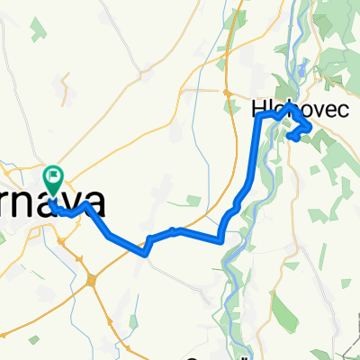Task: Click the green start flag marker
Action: [54, 178]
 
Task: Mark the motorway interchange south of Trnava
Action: [94, 281]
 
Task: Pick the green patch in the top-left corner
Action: [39, 28]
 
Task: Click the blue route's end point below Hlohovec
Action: [293, 137]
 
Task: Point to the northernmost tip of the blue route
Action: [291, 106]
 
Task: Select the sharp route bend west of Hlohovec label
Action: [260, 117]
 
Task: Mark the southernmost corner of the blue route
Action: [145, 252]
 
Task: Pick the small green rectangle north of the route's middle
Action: [193, 200]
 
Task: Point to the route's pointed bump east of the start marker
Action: [86, 204]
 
